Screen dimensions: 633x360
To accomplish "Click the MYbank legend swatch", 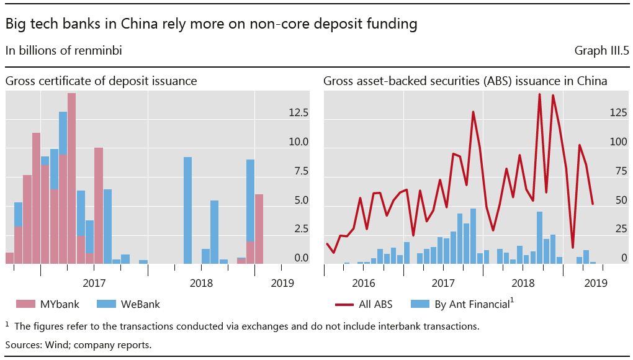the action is (25, 304).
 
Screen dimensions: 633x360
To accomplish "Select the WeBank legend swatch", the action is (106, 304).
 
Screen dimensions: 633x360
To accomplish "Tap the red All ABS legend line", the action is (344, 305).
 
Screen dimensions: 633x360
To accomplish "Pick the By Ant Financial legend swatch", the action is (420, 304).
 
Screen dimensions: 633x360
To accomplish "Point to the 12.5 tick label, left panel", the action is (299, 112).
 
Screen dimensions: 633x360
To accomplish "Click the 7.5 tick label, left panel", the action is (301, 171).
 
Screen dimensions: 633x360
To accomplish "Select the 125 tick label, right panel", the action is (618, 112).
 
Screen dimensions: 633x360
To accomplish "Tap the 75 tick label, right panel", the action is (621, 171).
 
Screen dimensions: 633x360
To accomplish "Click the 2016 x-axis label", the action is (363, 283).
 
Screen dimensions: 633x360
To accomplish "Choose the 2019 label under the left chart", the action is (282, 283).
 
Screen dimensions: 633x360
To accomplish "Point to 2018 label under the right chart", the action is (523, 283).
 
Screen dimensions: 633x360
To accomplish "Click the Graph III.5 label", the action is (601, 50).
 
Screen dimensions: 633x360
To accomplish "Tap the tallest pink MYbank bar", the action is (71, 178).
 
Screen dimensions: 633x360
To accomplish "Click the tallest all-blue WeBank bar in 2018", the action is (187, 210).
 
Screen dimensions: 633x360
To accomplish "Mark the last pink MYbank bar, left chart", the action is (259, 229).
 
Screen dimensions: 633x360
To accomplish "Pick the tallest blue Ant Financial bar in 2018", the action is (539, 238).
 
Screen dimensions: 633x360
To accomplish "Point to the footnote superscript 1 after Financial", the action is (512, 300).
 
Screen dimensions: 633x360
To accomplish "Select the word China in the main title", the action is (139, 24).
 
